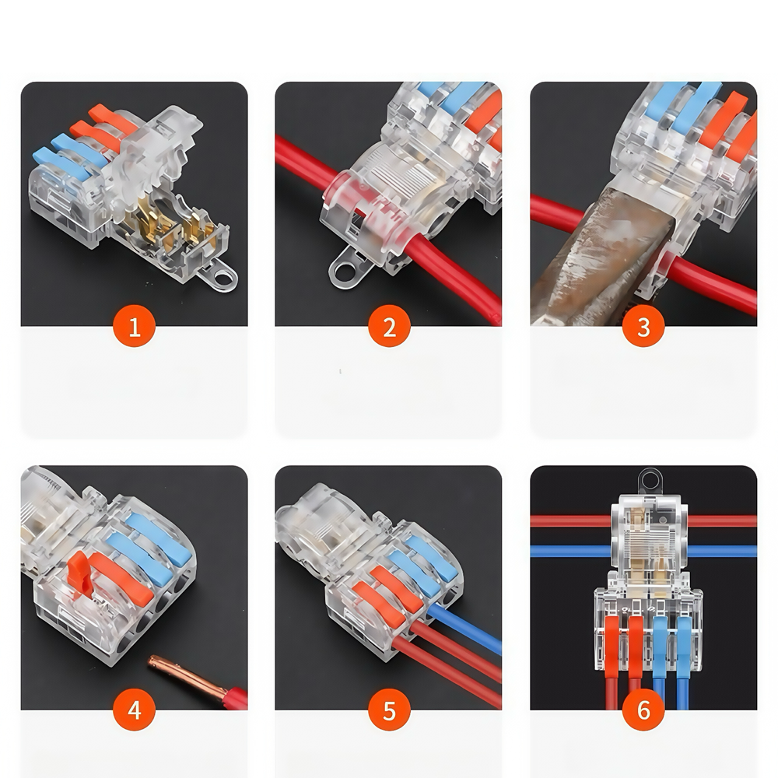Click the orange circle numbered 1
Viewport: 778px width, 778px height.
pos(134,326)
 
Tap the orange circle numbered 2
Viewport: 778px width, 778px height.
pos(389,326)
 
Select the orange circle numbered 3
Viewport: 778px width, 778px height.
pos(643,326)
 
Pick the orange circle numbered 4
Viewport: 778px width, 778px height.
pos(134,710)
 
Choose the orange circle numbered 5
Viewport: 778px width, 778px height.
pos(389,710)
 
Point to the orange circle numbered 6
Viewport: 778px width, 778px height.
pos(643,710)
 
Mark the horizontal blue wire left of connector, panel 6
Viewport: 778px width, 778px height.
pos(571,552)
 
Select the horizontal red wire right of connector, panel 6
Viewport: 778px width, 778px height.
pos(723,521)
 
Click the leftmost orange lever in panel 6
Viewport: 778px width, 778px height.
pos(612,646)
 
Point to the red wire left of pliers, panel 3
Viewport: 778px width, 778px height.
pos(557,210)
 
